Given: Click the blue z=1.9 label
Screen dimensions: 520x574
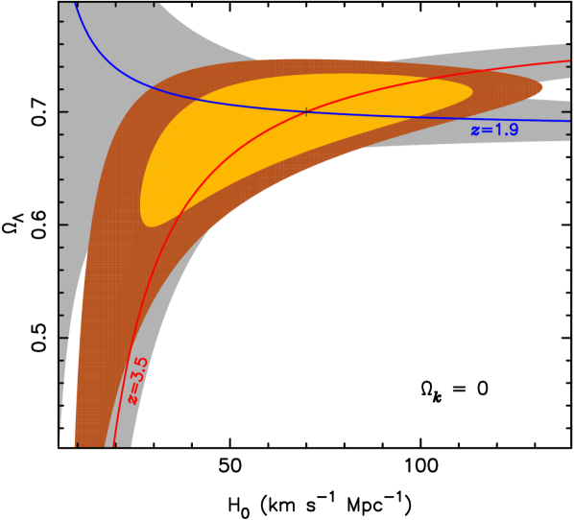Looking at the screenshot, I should coord(494,129).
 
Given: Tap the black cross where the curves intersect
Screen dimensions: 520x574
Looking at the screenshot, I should coord(306,112).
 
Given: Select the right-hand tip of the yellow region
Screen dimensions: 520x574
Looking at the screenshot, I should coord(472,93).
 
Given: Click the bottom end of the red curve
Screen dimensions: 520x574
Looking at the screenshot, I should coord(114,444).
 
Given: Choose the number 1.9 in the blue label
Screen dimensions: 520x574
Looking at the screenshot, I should coord(506,129).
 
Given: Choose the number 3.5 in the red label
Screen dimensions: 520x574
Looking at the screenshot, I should coord(137,368).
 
